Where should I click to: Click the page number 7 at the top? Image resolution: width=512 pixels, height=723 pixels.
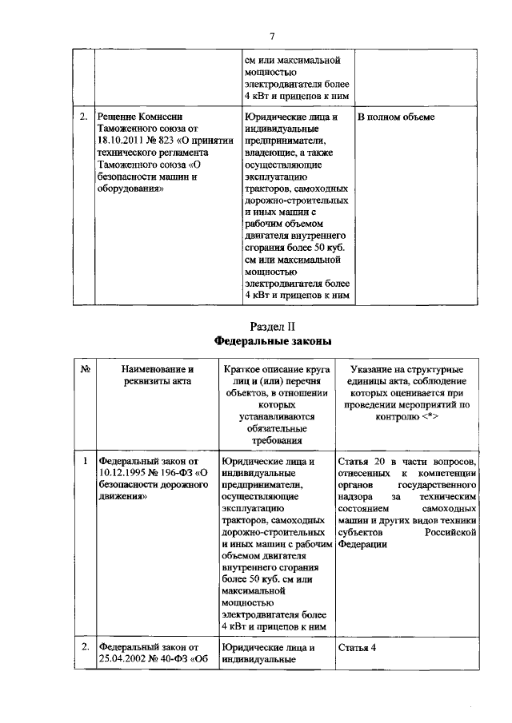click(x=272, y=36)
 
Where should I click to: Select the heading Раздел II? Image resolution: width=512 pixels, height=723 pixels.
click(x=272, y=325)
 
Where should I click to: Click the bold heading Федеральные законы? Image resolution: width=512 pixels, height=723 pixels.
click(x=272, y=340)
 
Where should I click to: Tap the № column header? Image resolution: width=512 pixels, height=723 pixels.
click(x=85, y=370)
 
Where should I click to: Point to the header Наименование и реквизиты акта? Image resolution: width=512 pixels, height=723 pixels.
click(x=157, y=375)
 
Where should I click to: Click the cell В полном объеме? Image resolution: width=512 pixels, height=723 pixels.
click(x=396, y=117)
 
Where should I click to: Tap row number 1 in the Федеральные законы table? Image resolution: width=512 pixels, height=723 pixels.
click(x=84, y=461)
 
